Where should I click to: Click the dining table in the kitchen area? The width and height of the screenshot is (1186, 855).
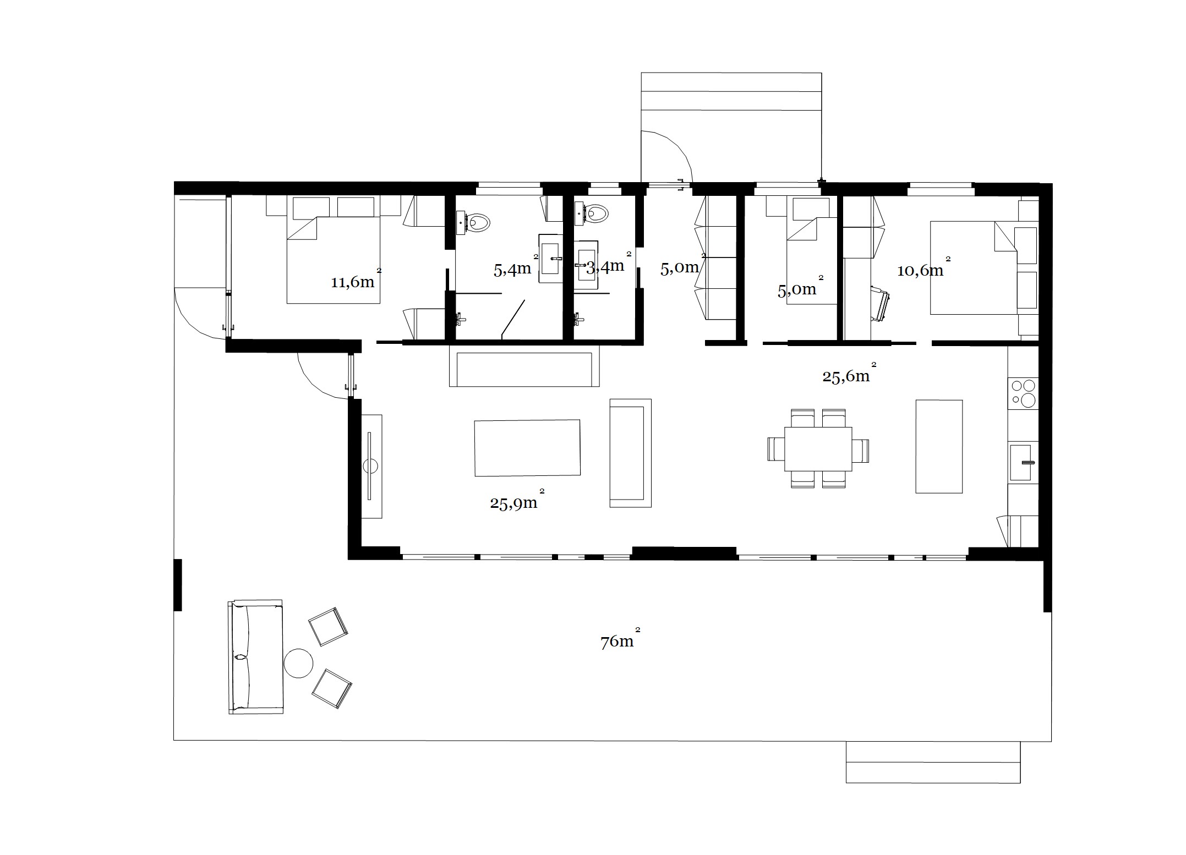coord(818,448)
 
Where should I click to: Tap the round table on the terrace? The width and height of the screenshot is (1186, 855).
coord(298,664)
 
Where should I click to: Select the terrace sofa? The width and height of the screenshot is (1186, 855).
coord(255,657)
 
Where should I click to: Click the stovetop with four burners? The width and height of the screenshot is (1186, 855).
coord(1023,393)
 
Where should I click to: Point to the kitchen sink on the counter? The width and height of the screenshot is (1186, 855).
coord(1021,462)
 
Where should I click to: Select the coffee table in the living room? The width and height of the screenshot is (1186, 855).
coord(527,448)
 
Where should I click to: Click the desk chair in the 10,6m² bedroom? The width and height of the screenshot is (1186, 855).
coord(881,303)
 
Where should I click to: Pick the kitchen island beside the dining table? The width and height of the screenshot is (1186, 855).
coord(939,446)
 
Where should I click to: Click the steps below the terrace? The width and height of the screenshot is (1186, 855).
coord(933,762)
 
